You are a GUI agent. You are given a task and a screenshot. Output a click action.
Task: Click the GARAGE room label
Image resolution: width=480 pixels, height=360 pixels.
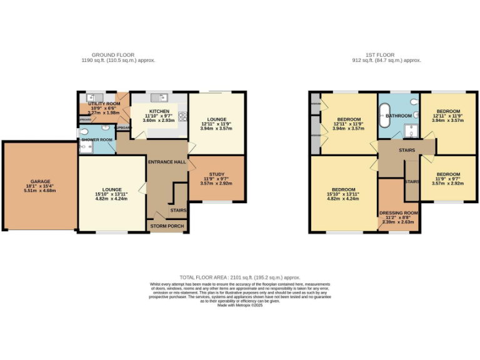(x=39, y=182)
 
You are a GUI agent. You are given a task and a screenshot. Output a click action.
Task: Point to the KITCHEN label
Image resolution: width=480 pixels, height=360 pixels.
(x=158, y=111)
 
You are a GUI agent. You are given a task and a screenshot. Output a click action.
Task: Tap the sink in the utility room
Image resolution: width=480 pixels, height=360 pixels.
(x=91, y=97)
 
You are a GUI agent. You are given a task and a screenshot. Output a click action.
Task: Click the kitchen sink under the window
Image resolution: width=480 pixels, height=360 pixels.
(x=164, y=97)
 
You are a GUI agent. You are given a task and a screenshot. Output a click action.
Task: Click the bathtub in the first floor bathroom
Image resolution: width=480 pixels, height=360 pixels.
(x=383, y=116)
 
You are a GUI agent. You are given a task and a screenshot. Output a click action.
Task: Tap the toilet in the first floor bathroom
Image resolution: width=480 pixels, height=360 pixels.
(x=413, y=104)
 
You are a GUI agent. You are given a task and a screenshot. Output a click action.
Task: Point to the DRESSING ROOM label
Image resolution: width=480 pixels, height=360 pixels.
(x=399, y=212)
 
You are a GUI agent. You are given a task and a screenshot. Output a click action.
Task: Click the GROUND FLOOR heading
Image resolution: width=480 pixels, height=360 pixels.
(x=113, y=55)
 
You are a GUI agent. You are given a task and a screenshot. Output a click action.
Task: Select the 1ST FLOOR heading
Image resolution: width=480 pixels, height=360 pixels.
(x=386, y=55)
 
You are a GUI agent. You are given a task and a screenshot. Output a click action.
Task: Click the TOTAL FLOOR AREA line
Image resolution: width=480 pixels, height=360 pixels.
(x=240, y=277)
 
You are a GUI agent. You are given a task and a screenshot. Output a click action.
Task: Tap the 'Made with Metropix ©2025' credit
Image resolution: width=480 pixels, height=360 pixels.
(x=240, y=304)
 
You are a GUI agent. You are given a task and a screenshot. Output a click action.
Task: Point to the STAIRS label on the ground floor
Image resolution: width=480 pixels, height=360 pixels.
(x=178, y=211)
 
